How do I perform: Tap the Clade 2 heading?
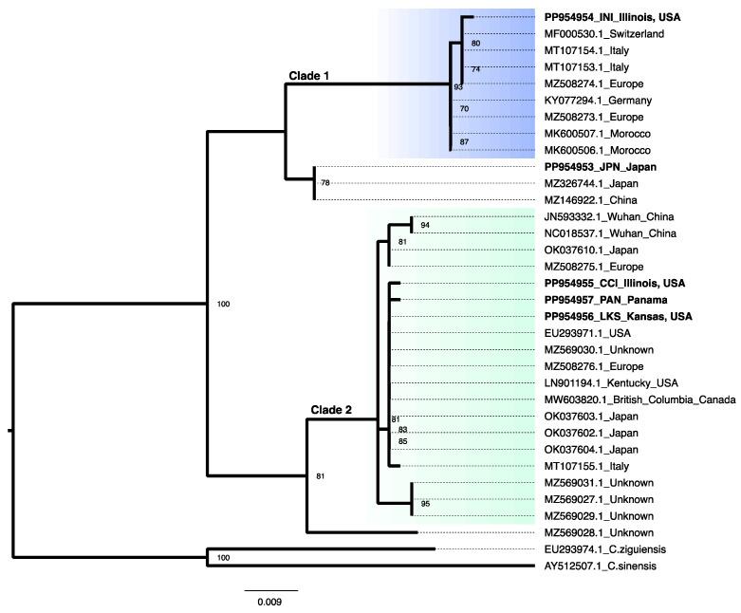(x=331, y=410)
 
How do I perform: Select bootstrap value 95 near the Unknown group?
(x=425, y=504)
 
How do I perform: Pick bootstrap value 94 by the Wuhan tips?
(x=425, y=226)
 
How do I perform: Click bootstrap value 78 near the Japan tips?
(x=325, y=183)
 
